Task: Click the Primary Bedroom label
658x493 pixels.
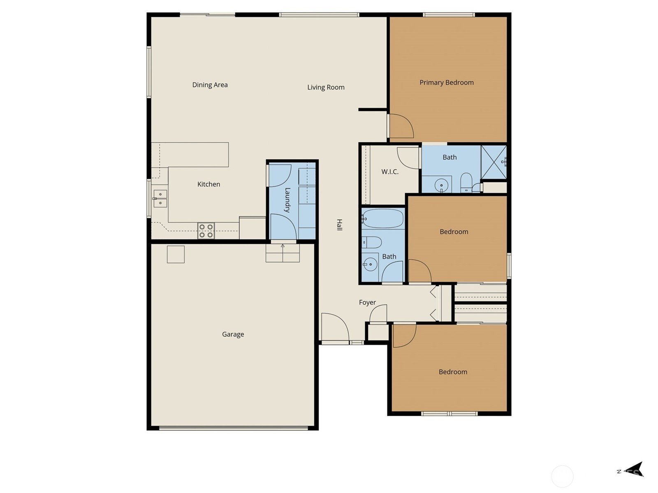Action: pos(446,83)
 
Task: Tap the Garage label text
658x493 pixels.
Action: pos(233,334)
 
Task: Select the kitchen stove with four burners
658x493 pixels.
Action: pos(206,230)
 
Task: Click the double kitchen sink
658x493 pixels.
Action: pos(160,198)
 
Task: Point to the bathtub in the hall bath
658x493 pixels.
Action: pos(383,219)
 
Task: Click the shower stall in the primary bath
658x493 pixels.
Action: pos(493,162)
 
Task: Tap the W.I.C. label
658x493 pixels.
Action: pos(389,172)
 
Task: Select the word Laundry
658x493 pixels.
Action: pos(287,200)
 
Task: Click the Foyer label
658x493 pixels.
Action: pos(367,302)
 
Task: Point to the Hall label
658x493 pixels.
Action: pos(339,225)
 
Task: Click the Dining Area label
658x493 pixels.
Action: pos(210,85)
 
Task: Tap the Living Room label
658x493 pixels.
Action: pos(326,87)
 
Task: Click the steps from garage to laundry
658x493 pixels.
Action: pos(283,253)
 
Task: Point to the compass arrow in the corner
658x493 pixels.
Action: pos(635,470)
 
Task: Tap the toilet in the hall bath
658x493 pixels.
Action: pos(372,242)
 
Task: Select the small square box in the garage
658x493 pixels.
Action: pos(176,254)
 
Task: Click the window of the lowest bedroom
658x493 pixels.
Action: pos(449,414)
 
